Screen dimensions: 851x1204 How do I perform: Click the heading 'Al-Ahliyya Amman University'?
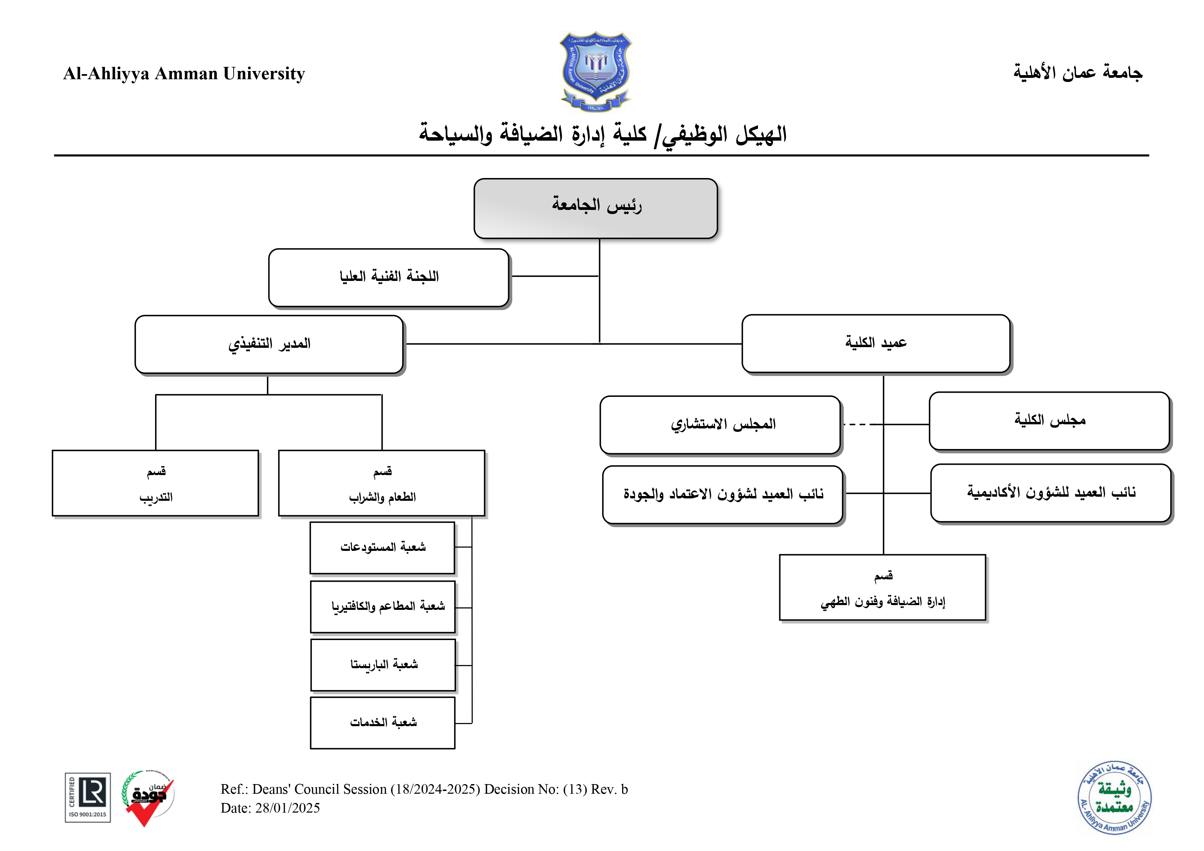click(184, 73)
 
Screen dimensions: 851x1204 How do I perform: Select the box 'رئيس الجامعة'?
click(595, 208)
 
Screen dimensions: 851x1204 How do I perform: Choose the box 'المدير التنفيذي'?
click(269, 344)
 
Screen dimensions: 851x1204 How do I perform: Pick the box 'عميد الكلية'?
click(875, 343)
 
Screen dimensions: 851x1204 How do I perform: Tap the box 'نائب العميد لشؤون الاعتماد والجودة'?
click(723, 495)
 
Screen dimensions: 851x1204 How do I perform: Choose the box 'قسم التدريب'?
click(156, 483)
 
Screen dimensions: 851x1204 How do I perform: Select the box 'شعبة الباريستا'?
click(383, 665)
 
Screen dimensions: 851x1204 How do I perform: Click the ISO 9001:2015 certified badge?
click(87, 797)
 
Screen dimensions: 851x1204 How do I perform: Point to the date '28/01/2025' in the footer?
click(288, 808)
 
